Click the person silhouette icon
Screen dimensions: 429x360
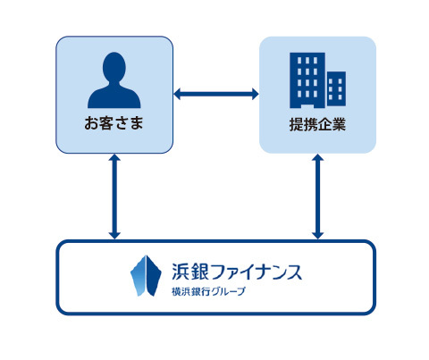click(x=114, y=80)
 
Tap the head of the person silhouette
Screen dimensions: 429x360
click(x=114, y=67)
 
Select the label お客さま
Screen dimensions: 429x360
click(x=114, y=123)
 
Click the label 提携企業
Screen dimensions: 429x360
click(x=317, y=124)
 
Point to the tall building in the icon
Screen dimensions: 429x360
click(x=307, y=80)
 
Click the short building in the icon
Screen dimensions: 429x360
click(x=336, y=88)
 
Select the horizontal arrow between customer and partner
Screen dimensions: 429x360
click(x=216, y=94)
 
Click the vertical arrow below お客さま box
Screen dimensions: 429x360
click(x=114, y=197)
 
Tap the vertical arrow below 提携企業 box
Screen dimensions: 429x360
click(x=317, y=197)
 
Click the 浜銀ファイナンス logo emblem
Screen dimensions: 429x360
click(x=146, y=276)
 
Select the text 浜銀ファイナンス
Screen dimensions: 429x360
click(x=237, y=272)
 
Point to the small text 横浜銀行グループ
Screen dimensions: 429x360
click(x=208, y=291)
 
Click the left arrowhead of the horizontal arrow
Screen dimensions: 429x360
click(x=177, y=94)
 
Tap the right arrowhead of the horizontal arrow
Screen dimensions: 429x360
click(x=256, y=94)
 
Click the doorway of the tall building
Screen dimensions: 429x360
click(x=307, y=106)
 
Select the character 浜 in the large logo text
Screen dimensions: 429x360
click(x=181, y=272)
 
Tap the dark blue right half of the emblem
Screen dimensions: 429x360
click(x=154, y=276)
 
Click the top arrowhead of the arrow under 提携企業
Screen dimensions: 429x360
click(x=317, y=157)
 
